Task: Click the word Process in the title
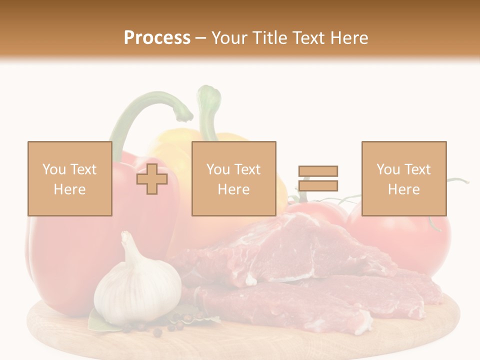pos(157,38)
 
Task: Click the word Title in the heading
pos(267,38)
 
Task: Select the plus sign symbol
pos(152,179)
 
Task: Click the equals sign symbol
pos(318,178)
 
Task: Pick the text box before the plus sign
pos(69,178)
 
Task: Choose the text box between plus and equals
pos(233,178)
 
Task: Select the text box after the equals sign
pos(403,178)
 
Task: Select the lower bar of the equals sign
pos(318,185)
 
